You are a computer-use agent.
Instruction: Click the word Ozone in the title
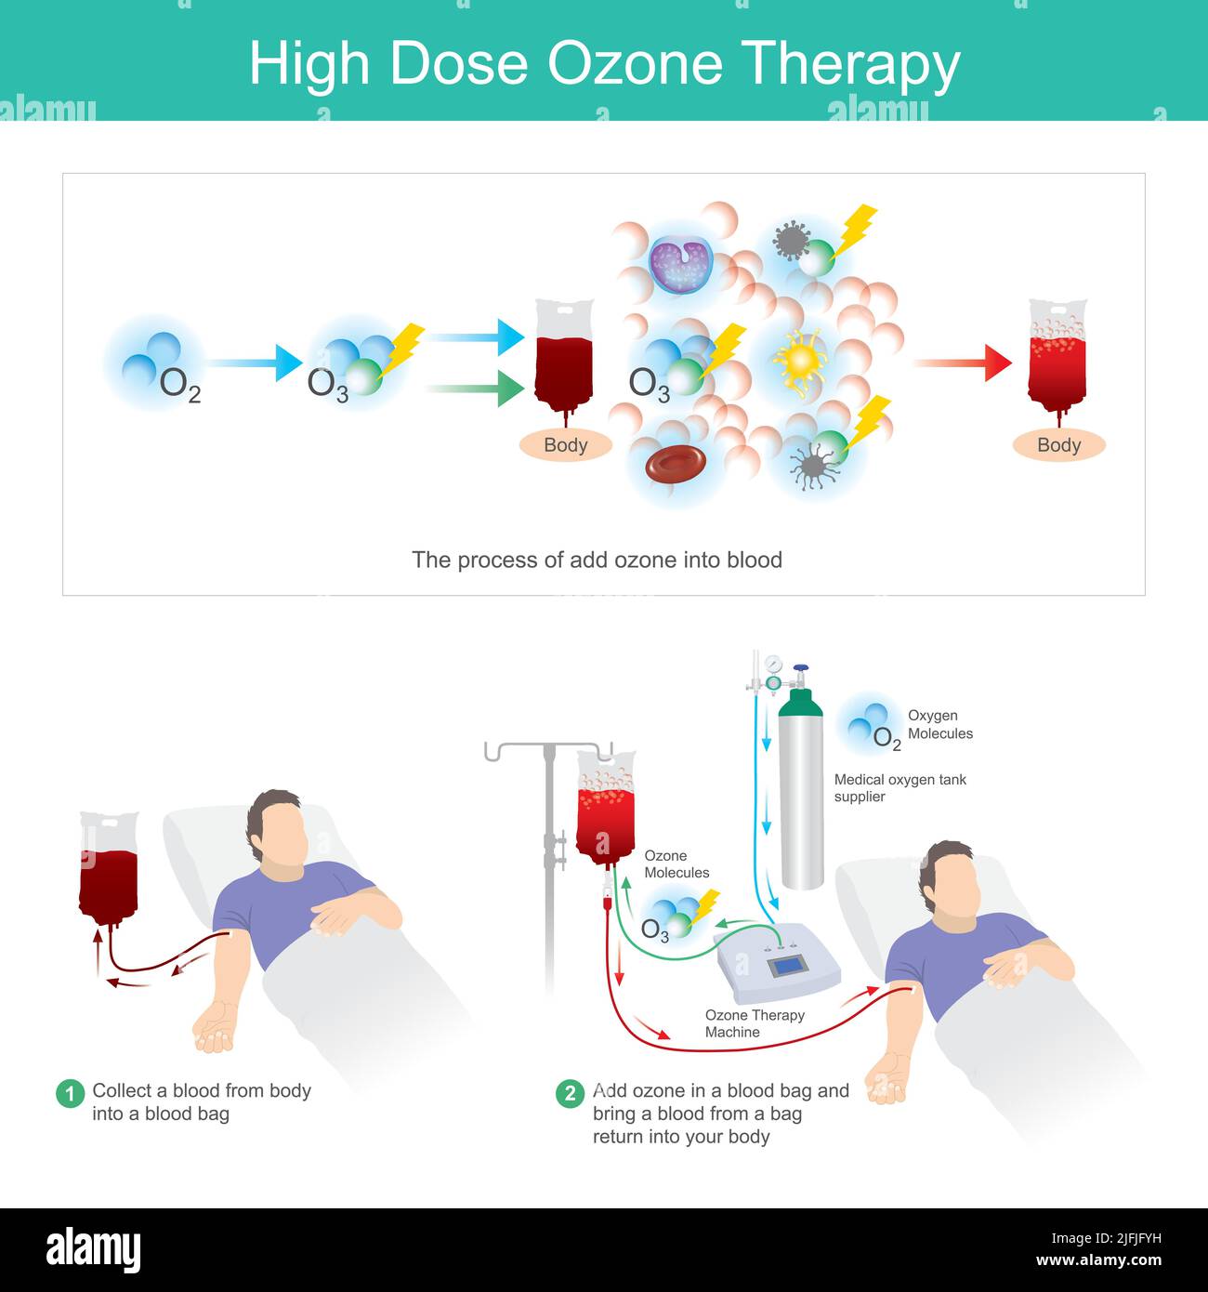pos(634,64)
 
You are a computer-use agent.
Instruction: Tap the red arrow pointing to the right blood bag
pos(962,363)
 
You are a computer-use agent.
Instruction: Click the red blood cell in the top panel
pos(676,464)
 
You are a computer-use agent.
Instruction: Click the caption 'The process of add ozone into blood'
pos(597,560)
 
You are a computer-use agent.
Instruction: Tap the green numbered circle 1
pos(71,1093)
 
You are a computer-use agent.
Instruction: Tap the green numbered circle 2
pos(571,1093)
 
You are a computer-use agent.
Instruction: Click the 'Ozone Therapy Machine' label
pos(754,1023)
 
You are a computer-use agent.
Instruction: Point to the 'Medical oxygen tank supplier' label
pos(899,788)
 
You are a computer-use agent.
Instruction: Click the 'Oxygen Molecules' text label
pos(939,724)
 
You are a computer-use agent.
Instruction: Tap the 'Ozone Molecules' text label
pos(676,864)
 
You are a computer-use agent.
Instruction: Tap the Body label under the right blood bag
pos(1058,445)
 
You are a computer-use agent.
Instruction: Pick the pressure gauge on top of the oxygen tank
pos(773,665)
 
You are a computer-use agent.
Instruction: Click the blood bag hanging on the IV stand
pos(606,809)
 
